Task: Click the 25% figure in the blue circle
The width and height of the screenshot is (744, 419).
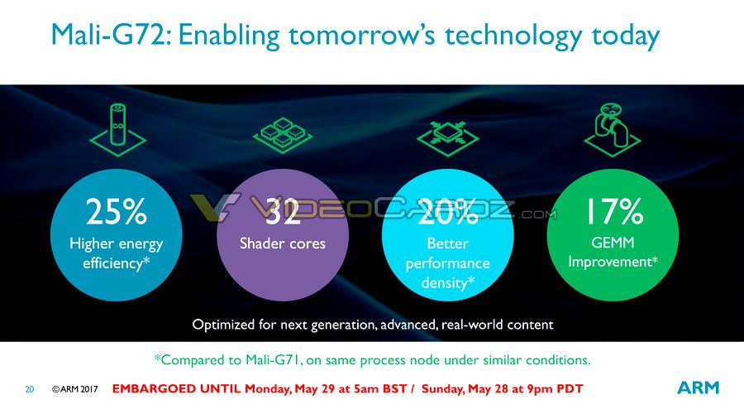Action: point(117,211)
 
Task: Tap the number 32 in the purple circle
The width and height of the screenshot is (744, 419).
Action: point(283,211)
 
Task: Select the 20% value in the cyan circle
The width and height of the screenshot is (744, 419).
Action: point(447,211)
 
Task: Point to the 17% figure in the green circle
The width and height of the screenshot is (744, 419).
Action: point(614,211)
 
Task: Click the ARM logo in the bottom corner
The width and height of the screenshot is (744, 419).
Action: point(698,388)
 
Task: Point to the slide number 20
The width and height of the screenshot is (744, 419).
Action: point(30,389)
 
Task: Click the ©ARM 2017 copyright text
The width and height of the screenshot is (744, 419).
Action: point(75,389)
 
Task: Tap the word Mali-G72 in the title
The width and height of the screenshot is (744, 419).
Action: point(108,36)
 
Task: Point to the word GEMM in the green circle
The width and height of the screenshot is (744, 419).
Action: point(613,243)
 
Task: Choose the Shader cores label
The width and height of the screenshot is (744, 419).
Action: point(283,243)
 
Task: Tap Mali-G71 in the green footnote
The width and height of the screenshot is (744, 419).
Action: point(272,360)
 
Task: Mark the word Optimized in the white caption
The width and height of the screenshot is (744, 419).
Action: point(223,325)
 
